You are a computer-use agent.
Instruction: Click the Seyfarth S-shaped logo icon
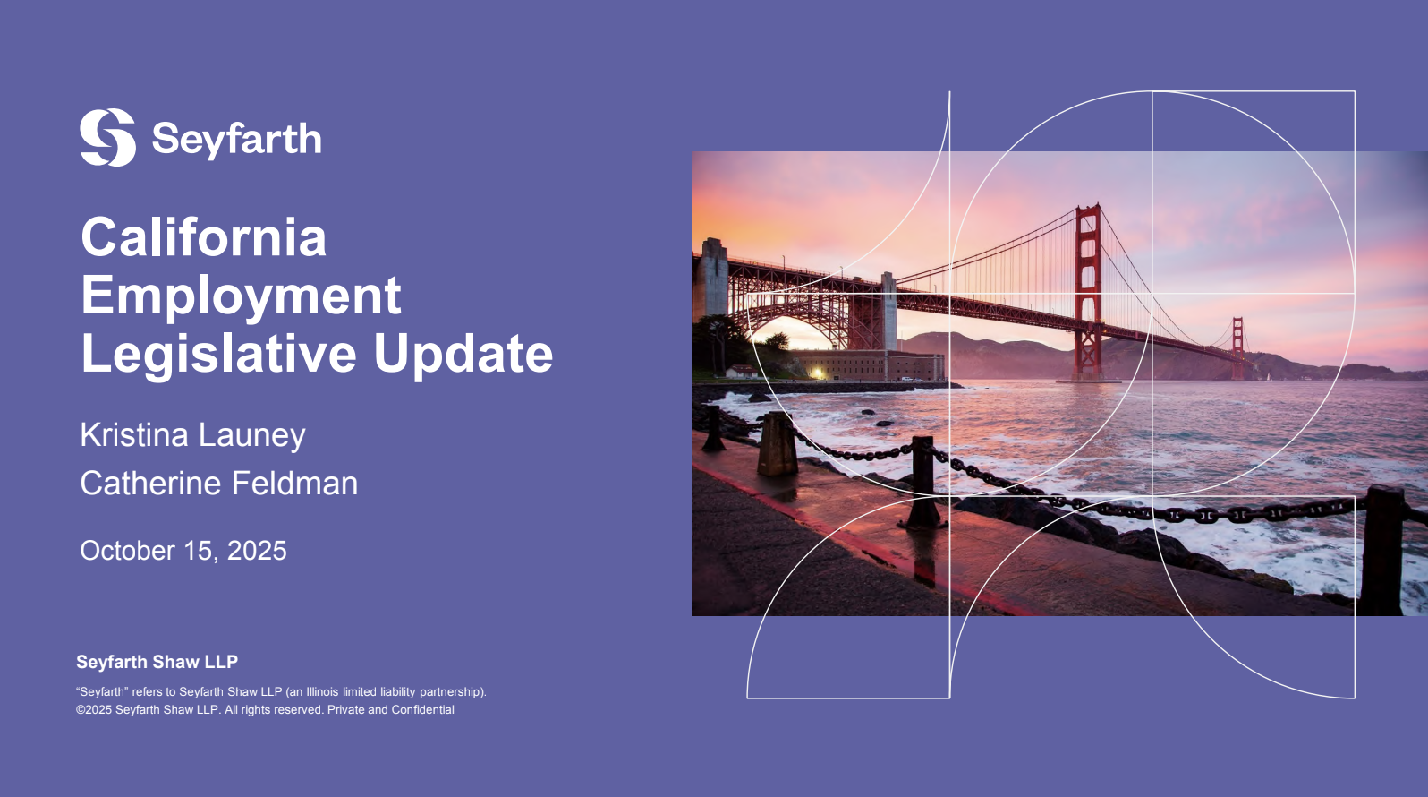pos(107,137)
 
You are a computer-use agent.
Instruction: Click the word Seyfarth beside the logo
pos(236,139)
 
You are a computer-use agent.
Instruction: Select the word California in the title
pos(204,237)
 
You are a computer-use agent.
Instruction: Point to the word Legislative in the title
pos(218,354)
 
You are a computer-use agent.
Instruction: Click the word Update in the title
pos(463,355)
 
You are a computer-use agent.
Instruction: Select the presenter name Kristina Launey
pos(192,436)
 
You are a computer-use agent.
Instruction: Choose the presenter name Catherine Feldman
pos(218,483)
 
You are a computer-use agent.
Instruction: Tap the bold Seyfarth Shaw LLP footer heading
pos(157,663)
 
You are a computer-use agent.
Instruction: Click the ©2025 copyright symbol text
pos(94,709)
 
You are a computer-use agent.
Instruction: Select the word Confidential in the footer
pos(422,709)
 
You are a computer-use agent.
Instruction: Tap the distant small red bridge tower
pos(1237,347)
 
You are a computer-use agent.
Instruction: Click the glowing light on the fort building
pos(817,373)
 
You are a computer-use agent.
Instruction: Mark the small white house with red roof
pos(742,371)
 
